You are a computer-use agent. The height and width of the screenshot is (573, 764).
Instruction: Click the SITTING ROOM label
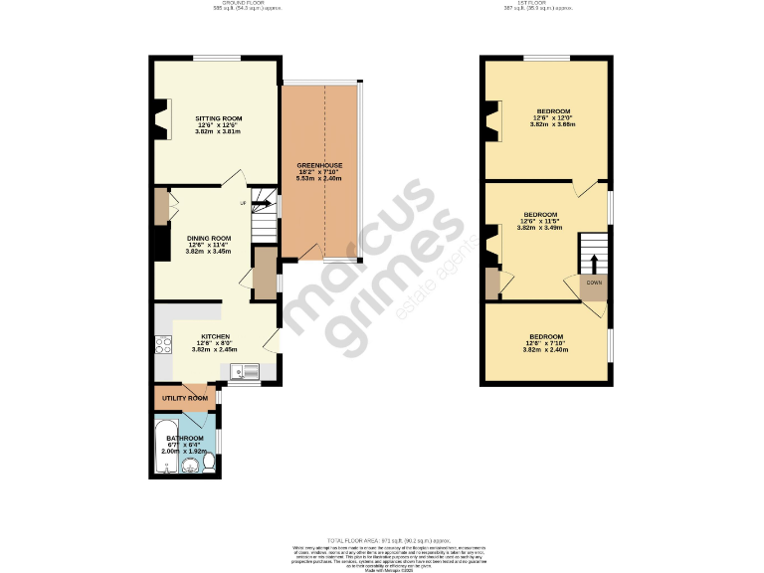point(218,118)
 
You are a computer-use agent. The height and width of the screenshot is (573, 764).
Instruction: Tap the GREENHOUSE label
point(319,164)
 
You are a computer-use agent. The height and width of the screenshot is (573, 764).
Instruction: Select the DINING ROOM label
point(209,238)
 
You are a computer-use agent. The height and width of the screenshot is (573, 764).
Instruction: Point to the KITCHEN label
point(215,336)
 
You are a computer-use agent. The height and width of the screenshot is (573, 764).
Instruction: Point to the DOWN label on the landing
point(594,283)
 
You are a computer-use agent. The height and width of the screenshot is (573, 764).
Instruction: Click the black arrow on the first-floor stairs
point(594,261)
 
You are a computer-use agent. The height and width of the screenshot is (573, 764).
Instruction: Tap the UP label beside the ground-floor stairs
point(242,203)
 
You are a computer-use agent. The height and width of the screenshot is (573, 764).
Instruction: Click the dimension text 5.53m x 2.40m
point(319,178)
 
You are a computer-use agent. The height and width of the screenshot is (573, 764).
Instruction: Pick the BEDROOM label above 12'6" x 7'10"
point(546,336)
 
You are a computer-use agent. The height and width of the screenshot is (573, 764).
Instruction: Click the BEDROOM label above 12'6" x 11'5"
point(540,215)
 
